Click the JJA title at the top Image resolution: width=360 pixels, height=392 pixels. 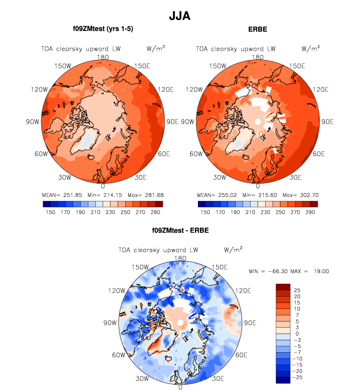[x=179, y=16]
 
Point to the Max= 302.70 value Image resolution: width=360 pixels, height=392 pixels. [x=300, y=195]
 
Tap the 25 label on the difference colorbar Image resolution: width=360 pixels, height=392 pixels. [x=297, y=290]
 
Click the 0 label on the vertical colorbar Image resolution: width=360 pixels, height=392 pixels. [x=297, y=334]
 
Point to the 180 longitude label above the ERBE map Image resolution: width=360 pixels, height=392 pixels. [x=257, y=57]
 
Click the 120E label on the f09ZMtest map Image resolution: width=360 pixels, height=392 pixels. [x=167, y=89]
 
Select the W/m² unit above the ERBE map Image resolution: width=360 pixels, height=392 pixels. [x=310, y=48]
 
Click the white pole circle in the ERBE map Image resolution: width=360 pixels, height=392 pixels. [x=257, y=121]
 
